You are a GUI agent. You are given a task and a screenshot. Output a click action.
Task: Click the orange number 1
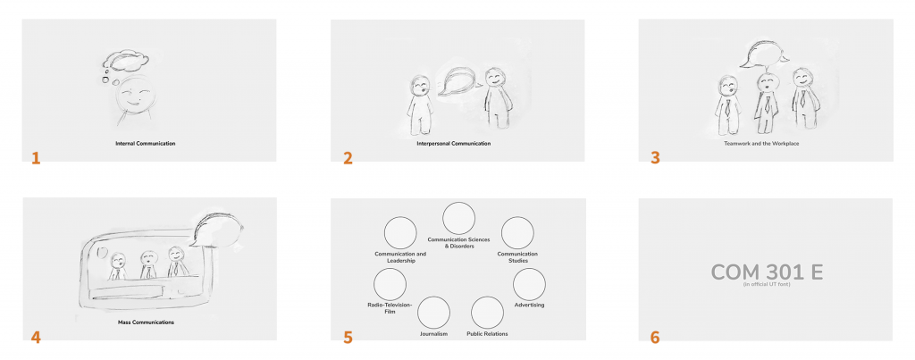(x=36, y=158)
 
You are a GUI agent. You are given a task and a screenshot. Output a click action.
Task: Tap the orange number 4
(x=36, y=338)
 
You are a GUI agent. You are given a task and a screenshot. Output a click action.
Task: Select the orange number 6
(x=655, y=338)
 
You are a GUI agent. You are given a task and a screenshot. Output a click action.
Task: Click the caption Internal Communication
(x=146, y=143)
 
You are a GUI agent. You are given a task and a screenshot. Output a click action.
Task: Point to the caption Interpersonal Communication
(x=453, y=143)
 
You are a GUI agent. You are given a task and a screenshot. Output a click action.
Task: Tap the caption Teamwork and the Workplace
(x=761, y=143)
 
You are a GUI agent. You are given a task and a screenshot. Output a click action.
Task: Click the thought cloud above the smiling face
(x=125, y=60)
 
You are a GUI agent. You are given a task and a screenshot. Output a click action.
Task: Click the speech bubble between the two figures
(x=458, y=81)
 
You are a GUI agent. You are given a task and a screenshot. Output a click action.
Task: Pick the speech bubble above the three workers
(x=763, y=54)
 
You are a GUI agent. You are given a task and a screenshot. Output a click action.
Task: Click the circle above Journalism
(x=433, y=312)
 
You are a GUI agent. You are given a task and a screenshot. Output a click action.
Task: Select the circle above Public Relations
(x=487, y=312)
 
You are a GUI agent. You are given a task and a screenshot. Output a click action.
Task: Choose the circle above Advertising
(x=529, y=285)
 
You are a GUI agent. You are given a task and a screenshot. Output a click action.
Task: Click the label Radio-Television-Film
(x=390, y=308)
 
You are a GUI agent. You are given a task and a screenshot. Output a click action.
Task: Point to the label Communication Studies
(x=517, y=257)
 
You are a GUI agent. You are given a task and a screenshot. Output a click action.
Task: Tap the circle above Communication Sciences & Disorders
(x=459, y=218)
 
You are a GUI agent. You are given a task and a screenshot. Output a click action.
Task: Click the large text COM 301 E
(x=767, y=272)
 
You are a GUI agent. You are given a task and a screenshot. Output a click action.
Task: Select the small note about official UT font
(x=767, y=285)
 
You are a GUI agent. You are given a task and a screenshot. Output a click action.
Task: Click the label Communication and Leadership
(x=400, y=257)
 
